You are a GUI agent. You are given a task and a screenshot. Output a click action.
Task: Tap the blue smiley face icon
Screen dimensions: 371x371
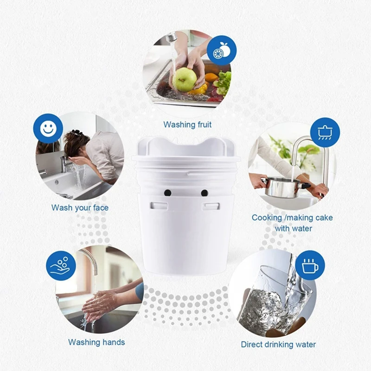48,128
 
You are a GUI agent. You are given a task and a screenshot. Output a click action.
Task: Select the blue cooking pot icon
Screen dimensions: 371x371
325,132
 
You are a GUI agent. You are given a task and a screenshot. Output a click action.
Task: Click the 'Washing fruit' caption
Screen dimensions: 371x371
187,124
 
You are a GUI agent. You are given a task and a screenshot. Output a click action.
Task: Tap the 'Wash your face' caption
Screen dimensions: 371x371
80,207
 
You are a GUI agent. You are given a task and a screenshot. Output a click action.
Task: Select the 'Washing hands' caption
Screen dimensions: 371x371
96,342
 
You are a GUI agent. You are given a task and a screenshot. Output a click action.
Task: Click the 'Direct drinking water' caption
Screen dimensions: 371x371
278,344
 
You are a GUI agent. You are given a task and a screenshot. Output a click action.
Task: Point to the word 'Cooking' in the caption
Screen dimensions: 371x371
267,217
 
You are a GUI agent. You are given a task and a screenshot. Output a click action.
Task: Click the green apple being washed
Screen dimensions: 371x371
185,79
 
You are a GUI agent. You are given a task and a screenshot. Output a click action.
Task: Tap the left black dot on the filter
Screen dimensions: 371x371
168,192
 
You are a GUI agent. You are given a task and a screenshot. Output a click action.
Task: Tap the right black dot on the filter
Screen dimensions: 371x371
204,192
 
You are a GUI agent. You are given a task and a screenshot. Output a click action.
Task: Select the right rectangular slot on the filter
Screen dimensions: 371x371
211,205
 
